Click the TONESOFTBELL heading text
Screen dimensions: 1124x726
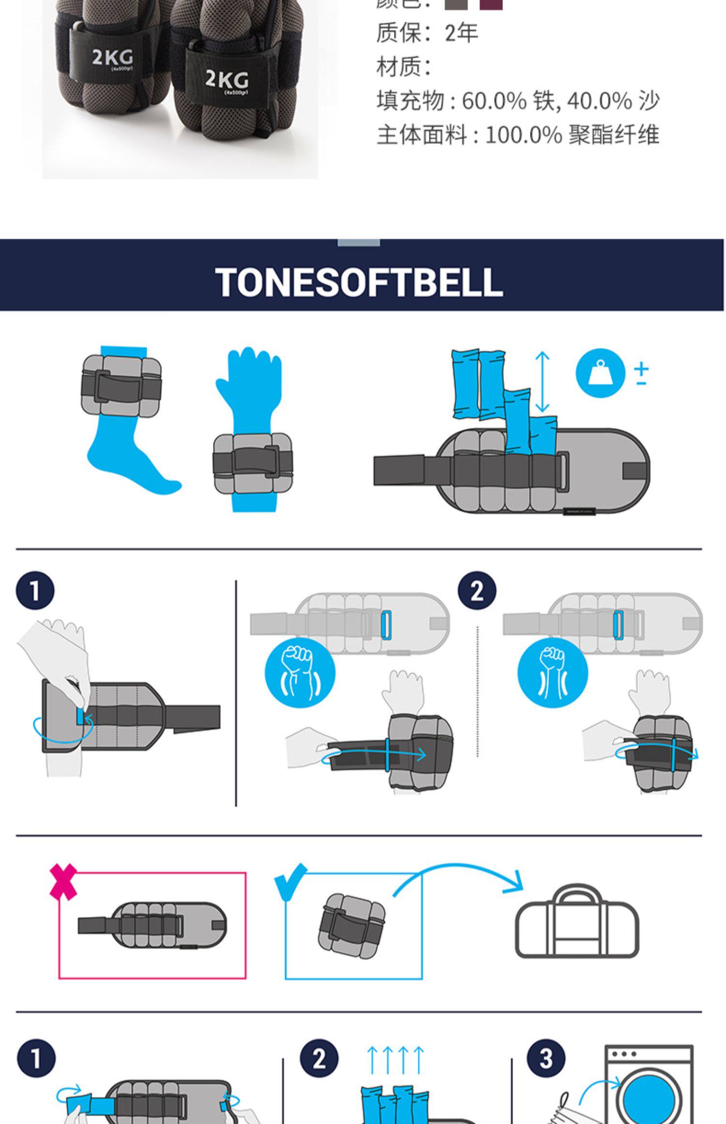click(359, 282)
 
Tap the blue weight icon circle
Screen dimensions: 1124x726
click(600, 373)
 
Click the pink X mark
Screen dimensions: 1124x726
click(63, 881)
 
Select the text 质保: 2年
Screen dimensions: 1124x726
click(427, 33)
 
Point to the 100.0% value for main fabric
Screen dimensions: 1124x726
click(523, 135)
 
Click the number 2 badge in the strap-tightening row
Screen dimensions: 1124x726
click(477, 591)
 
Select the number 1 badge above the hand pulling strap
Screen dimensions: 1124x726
click(35, 591)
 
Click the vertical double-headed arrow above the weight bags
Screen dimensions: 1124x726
click(543, 382)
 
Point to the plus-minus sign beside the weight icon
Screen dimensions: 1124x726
click(641, 374)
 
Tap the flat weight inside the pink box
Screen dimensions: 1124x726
click(152, 925)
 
